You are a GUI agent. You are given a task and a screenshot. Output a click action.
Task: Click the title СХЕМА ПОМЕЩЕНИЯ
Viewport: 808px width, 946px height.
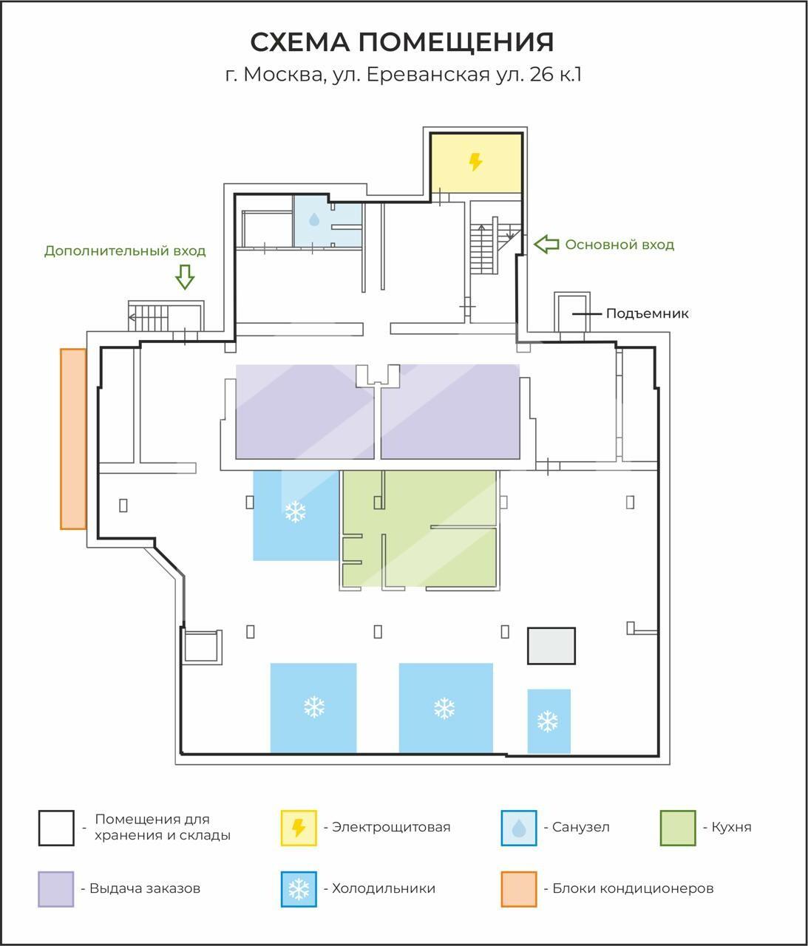click(x=402, y=42)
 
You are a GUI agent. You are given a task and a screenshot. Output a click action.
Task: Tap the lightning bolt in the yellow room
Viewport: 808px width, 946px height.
click(x=475, y=162)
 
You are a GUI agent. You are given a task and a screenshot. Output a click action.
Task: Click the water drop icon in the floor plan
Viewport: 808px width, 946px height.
click(x=314, y=220)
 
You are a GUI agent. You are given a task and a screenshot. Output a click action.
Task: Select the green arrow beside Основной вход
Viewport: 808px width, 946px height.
click(x=546, y=244)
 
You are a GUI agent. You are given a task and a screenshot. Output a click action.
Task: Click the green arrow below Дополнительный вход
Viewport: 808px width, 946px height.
click(x=185, y=277)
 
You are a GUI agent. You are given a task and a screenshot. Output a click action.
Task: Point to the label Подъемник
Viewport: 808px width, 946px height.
click(x=648, y=313)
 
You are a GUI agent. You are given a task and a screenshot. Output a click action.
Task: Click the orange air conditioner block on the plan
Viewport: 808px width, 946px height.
click(x=73, y=439)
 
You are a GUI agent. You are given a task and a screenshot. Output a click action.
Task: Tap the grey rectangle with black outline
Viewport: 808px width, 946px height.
click(x=551, y=646)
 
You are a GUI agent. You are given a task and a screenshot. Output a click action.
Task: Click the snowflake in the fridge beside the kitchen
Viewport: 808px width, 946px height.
click(x=295, y=511)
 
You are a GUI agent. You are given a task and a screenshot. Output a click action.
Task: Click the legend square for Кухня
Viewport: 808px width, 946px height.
click(x=678, y=828)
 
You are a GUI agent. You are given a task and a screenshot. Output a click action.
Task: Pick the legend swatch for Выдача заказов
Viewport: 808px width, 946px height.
click(x=56, y=889)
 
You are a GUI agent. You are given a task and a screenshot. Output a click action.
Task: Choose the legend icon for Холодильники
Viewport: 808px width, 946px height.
click(x=299, y=889)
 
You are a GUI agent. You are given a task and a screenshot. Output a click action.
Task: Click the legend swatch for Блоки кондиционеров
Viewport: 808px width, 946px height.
click(x=519, y=889)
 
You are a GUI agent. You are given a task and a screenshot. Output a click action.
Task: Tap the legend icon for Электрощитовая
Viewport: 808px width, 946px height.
click(x=299, y=828)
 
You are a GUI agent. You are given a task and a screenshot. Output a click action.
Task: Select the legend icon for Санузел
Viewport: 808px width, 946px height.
click(x=519, y=828)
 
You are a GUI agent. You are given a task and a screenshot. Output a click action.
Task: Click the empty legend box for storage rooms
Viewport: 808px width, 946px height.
click(x=56, y=828)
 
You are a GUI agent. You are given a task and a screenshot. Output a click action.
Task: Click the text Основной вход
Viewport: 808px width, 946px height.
click(x=619, y=245)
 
